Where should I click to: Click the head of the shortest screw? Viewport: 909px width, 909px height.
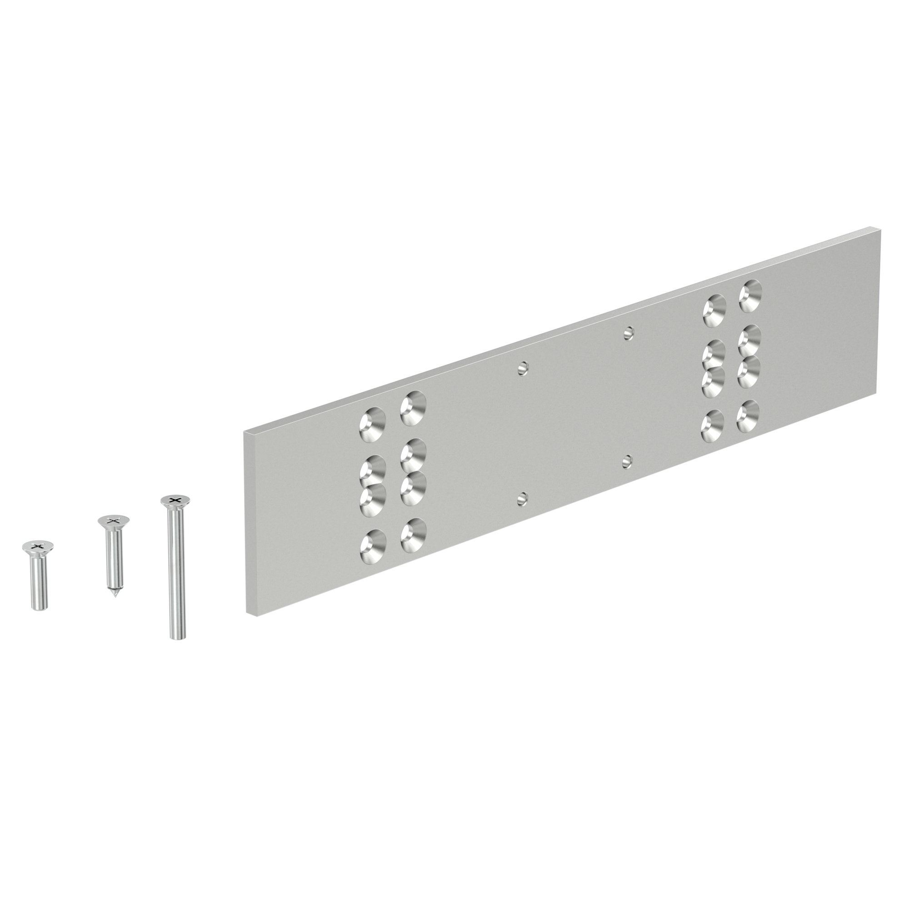point(38,546)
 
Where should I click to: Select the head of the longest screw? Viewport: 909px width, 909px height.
point(175,500)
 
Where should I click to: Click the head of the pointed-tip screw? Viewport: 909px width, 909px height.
point(113,521)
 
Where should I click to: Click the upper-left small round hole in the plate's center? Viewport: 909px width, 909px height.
point(523,369)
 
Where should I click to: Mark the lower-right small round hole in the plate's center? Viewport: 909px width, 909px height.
point(627,462)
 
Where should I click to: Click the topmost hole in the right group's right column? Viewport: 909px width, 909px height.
point(749,296)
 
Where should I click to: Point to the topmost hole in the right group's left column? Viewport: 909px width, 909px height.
point(714,310)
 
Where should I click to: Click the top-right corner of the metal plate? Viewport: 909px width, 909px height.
point(881,230)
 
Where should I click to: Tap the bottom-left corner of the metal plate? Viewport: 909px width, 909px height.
point(246,615)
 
